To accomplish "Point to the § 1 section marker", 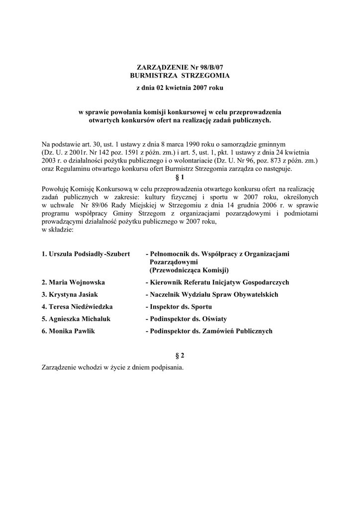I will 180,177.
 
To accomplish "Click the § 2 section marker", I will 180,355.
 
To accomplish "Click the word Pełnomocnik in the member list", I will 169,254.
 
